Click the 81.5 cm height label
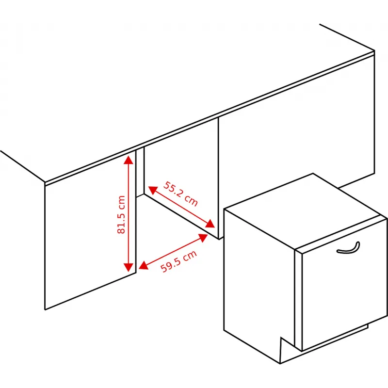pos(121,214)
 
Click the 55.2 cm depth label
pos(180,194)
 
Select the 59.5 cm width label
pos(178,261)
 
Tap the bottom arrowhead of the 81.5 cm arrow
pos(129,267)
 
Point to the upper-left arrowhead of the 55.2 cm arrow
pos(152,190)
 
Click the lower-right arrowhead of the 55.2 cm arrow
pos(210,224)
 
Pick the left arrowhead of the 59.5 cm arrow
pos(143,265)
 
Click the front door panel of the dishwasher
pos(344,285)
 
